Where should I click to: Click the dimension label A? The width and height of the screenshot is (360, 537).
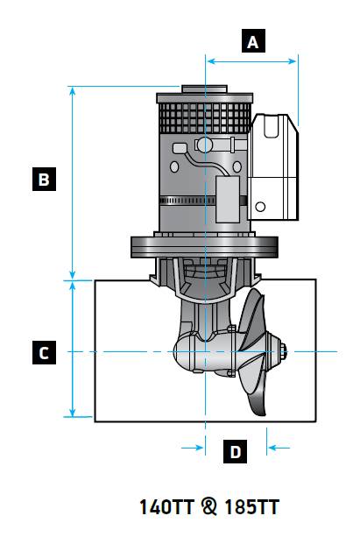point(253,41)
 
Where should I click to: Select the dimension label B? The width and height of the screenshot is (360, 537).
point(44,179)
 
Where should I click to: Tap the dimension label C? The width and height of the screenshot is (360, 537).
point(44,352)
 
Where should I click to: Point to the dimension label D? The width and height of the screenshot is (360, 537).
point(235,451)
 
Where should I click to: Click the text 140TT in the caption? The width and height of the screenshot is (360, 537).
point(166,507)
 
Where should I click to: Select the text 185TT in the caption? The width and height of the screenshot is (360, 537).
point(251,507)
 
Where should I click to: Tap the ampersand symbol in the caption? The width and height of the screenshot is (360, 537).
point(209,507)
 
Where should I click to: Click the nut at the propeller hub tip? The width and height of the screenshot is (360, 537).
point(283,351)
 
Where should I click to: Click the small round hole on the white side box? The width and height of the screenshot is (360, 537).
point(260,207)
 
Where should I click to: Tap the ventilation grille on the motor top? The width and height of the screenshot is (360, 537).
point(205,118)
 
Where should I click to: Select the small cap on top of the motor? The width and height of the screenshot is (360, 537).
point(204,89)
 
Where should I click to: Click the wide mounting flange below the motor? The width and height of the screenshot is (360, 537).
point(204,246)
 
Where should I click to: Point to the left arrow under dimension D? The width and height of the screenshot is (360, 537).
point(192,448)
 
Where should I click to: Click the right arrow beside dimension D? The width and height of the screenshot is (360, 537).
point(279,448)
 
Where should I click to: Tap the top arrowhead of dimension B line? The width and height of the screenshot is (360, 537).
point(73,91)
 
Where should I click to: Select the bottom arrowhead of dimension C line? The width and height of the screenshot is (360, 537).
point(73,412)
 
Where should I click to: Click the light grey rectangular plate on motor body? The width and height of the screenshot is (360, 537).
point(228,200)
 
